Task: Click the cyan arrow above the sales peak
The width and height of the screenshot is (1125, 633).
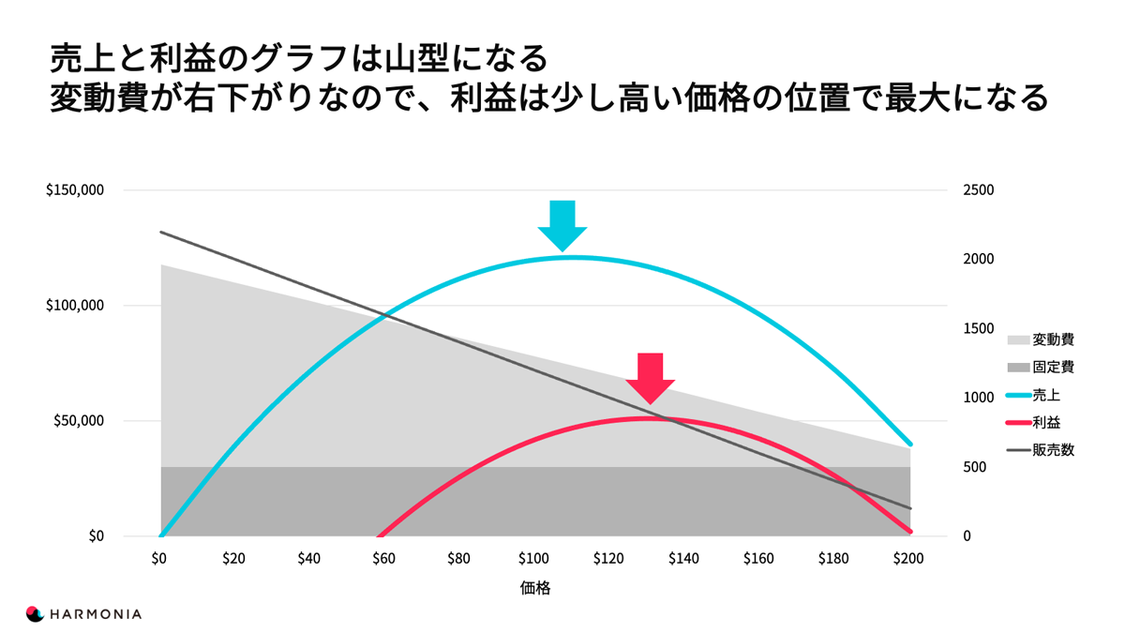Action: (562, 225)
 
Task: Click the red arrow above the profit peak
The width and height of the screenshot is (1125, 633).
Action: (650, 378)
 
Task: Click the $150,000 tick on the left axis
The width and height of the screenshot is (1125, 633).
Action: (74, 190)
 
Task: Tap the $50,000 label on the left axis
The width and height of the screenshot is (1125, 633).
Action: (79, 421)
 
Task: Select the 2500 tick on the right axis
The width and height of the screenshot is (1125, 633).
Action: (979, 190)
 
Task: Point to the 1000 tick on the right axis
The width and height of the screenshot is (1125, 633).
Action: (979, 398)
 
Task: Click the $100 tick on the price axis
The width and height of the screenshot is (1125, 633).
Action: (533, 559)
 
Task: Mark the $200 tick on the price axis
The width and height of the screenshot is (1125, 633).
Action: (907, 559)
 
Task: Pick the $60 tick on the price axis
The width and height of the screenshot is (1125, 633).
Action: (383, 559)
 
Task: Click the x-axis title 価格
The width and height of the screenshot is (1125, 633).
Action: (534, 589)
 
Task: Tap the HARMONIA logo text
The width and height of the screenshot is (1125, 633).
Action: (97, 614)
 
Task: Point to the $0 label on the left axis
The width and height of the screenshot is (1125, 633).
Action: (96, 536)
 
